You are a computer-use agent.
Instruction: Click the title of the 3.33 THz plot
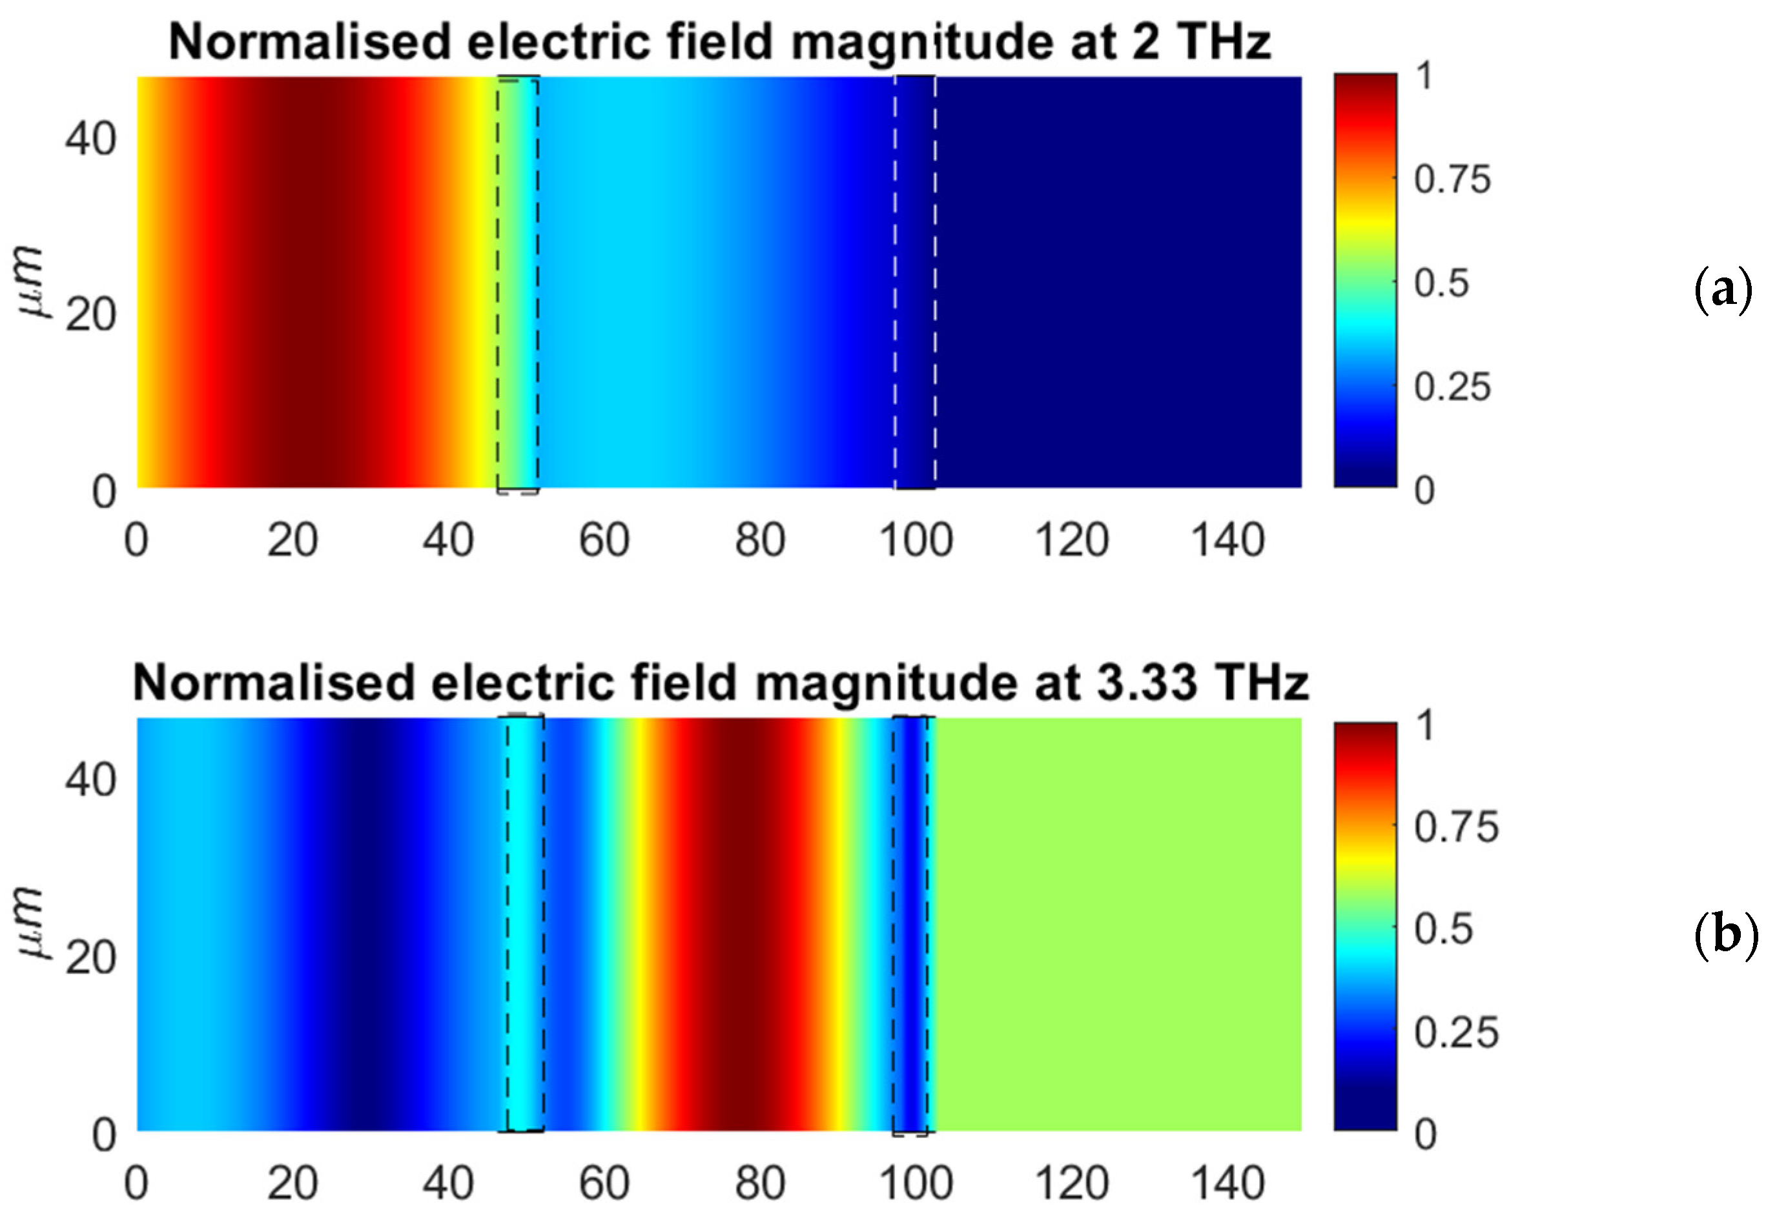(719, 682)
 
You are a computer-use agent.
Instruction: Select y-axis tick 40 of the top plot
(90, 139)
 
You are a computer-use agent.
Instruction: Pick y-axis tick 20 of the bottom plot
(90, 957)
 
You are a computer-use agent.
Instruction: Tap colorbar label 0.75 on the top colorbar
(1452, 180)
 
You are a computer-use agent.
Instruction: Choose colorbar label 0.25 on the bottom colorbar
(1456, 1033)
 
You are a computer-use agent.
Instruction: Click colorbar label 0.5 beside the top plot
(1441, 283)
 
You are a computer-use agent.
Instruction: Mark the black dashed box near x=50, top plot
(517, 283)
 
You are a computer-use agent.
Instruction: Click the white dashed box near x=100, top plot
(914, 283)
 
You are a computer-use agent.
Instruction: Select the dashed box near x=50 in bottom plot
(525, 923)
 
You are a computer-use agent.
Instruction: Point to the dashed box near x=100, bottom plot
(911, 923)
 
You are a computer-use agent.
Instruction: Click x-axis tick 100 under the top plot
(916, 541)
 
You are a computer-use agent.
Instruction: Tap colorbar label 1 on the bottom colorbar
(1425, 725)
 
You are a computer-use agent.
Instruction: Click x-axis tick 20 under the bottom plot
(292, 1184)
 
